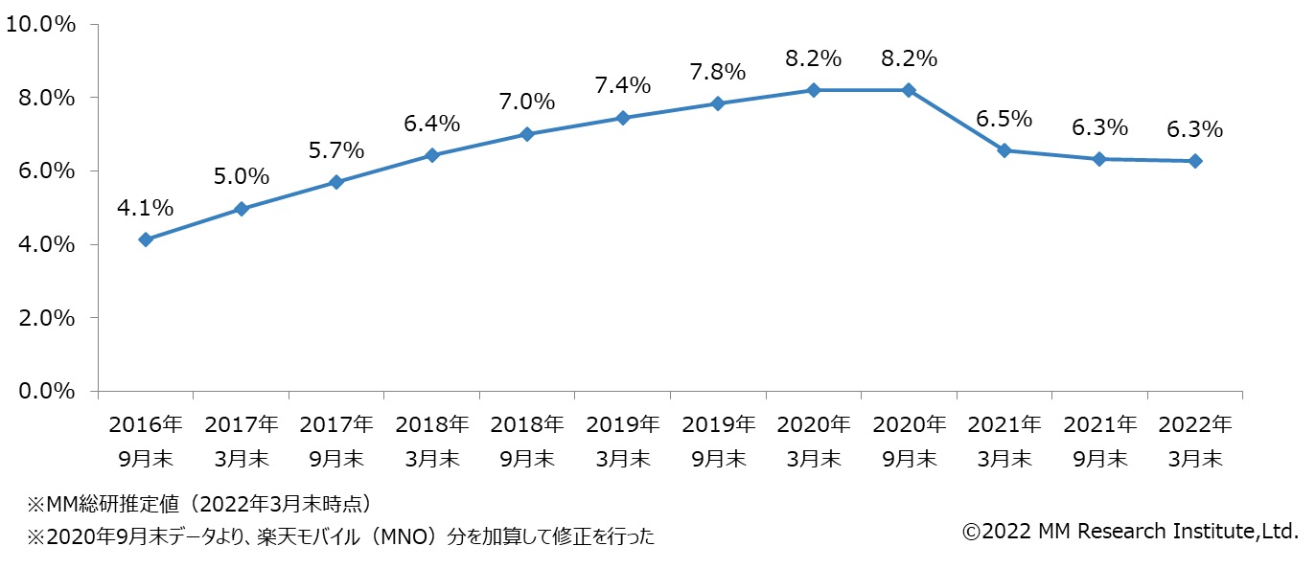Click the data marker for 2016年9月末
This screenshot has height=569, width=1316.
[146, 239]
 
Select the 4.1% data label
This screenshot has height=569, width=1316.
[146, 207]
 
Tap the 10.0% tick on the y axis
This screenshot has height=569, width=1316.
[40, 25]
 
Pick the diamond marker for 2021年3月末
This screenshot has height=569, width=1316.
[1004, 150]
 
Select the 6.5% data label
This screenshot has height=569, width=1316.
[1004, 119]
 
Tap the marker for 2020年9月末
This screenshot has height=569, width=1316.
[909, 90]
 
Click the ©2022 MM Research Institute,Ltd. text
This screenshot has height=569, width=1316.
[1130, 531]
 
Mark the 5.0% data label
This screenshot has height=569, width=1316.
[242, 176]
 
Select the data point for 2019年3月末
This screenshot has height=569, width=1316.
[622, 118]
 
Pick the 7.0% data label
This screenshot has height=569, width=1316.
[527, 102]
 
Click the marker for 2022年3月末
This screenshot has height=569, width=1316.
[1195, 161]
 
